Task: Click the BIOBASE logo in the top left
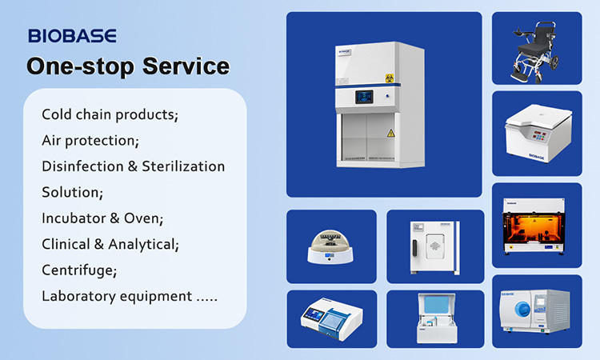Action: tap(72, 35)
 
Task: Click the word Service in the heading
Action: tap(186, 66)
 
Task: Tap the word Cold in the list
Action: tap(56, 114)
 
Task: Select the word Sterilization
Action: tap(183, 166)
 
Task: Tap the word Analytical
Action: tap(143, 245)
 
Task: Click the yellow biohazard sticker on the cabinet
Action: tap(390, 78)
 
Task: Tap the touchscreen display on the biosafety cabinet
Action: tap(364, 97)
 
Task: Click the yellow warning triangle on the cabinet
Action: tap(390, 133)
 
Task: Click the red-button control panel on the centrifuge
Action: tap(539, 135)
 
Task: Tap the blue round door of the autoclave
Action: tap(522, 309)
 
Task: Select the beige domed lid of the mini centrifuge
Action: tap(330, 240)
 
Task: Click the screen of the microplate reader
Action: tap(314, 314)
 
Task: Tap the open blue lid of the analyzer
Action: tap(438, 304)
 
